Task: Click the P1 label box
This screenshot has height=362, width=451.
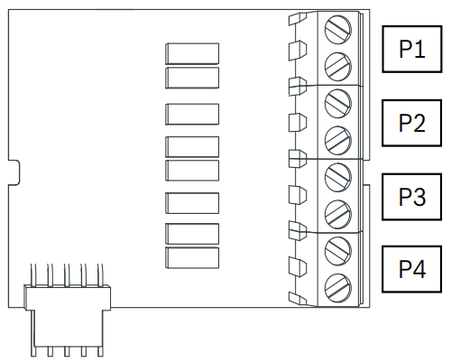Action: point(412,49)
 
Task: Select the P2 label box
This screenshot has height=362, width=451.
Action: point(412,123)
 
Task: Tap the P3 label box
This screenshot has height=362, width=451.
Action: point(412,197)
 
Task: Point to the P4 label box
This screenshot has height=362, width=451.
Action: point(412,269)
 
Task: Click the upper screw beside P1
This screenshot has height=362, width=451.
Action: point(338,30)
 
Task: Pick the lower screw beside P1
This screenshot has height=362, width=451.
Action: point(338,67)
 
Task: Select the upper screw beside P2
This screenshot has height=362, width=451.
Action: point(338,104)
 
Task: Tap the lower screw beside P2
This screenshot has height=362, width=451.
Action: point(338,140)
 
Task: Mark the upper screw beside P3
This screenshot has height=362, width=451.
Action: point(338,177)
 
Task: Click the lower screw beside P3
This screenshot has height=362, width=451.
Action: point(338,215)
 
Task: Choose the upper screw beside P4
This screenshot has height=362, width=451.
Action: point(338,251)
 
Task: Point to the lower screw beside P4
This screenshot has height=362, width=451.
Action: point(338,288)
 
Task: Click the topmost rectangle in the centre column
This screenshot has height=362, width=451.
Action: point(192,53)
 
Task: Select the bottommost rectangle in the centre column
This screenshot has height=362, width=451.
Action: point(192,257)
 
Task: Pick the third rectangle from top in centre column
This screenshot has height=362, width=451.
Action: point(192,114)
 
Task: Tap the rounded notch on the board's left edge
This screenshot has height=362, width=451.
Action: point(14,172)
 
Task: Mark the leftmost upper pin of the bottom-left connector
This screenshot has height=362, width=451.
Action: point(33,274)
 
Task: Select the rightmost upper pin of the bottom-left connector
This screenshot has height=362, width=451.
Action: point(100,274)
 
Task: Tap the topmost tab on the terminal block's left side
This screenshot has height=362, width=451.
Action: point(298,19)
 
